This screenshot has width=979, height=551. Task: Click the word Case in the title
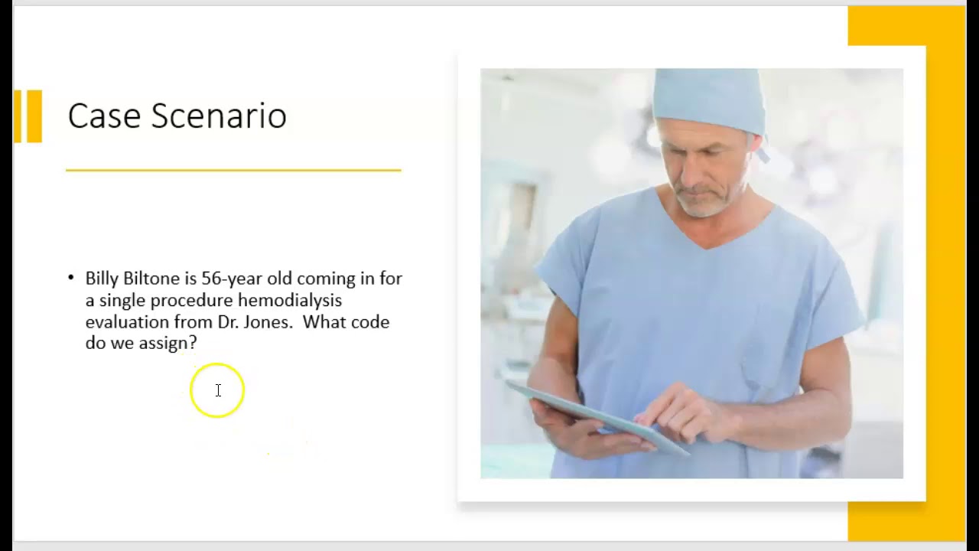[x=105, y=116]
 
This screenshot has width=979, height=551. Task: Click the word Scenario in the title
[x=219, y=116]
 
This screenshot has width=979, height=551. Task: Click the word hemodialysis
[x=289, y=300]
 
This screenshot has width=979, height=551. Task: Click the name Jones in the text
[x=268, y=322]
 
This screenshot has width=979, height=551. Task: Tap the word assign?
[x=168, y=344]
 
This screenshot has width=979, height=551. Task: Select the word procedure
[x=191, y=301]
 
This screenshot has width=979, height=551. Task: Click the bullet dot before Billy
[x=71, y=278]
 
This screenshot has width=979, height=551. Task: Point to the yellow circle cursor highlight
[x=217, y=390]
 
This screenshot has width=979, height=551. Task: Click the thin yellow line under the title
[x=233, y=170]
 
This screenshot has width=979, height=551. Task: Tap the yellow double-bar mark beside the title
[x=28, y=116]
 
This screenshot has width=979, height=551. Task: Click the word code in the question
[x=371, y=322]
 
